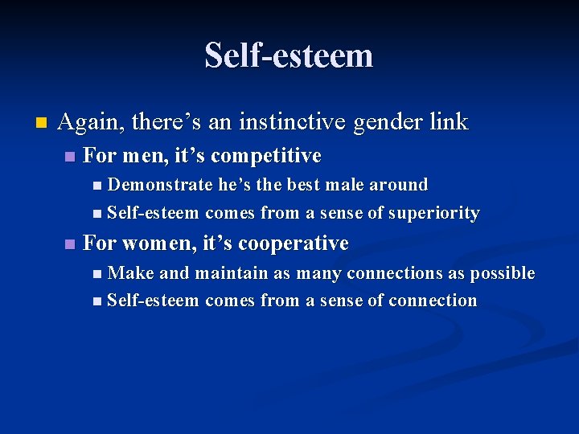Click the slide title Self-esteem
click(x=289, y=56)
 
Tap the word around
click(x=398, y=185)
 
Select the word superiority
click(x=434, y=214)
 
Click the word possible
click(x=503, y=273)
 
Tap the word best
click(x=302, y=185)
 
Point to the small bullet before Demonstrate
click(x=97, y=186)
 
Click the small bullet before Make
click(x=97, y=274)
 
